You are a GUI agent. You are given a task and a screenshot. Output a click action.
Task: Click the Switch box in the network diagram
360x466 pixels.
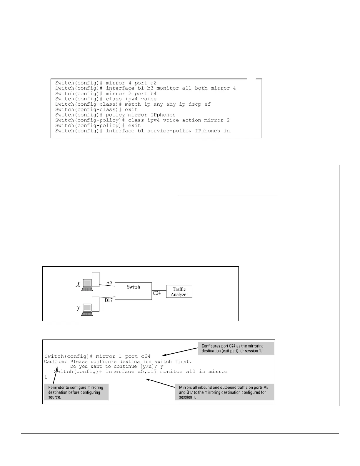point(133,291)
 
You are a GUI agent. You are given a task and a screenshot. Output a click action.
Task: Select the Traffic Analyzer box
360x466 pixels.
point(179,292)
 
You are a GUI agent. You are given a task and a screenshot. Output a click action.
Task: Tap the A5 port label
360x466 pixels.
point(109,282)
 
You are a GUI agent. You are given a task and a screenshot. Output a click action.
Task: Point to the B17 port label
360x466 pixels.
point(109,300)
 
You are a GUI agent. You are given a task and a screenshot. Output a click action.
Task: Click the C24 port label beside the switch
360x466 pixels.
point(156,293)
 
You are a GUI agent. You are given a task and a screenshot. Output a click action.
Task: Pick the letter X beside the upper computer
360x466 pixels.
point(78,284)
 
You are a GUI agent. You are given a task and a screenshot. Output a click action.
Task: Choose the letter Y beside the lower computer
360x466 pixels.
point(78,309)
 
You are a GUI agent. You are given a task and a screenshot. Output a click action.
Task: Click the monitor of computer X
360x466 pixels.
point(87,283)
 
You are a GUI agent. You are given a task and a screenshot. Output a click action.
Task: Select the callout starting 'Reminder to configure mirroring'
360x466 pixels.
point(76,392)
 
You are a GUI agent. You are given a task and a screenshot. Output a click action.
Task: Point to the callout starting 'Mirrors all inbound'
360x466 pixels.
point(225,392)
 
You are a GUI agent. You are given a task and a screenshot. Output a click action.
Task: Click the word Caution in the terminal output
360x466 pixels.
point(54,362)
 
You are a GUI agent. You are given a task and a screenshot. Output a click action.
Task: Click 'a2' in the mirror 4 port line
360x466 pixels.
point(154,83)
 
